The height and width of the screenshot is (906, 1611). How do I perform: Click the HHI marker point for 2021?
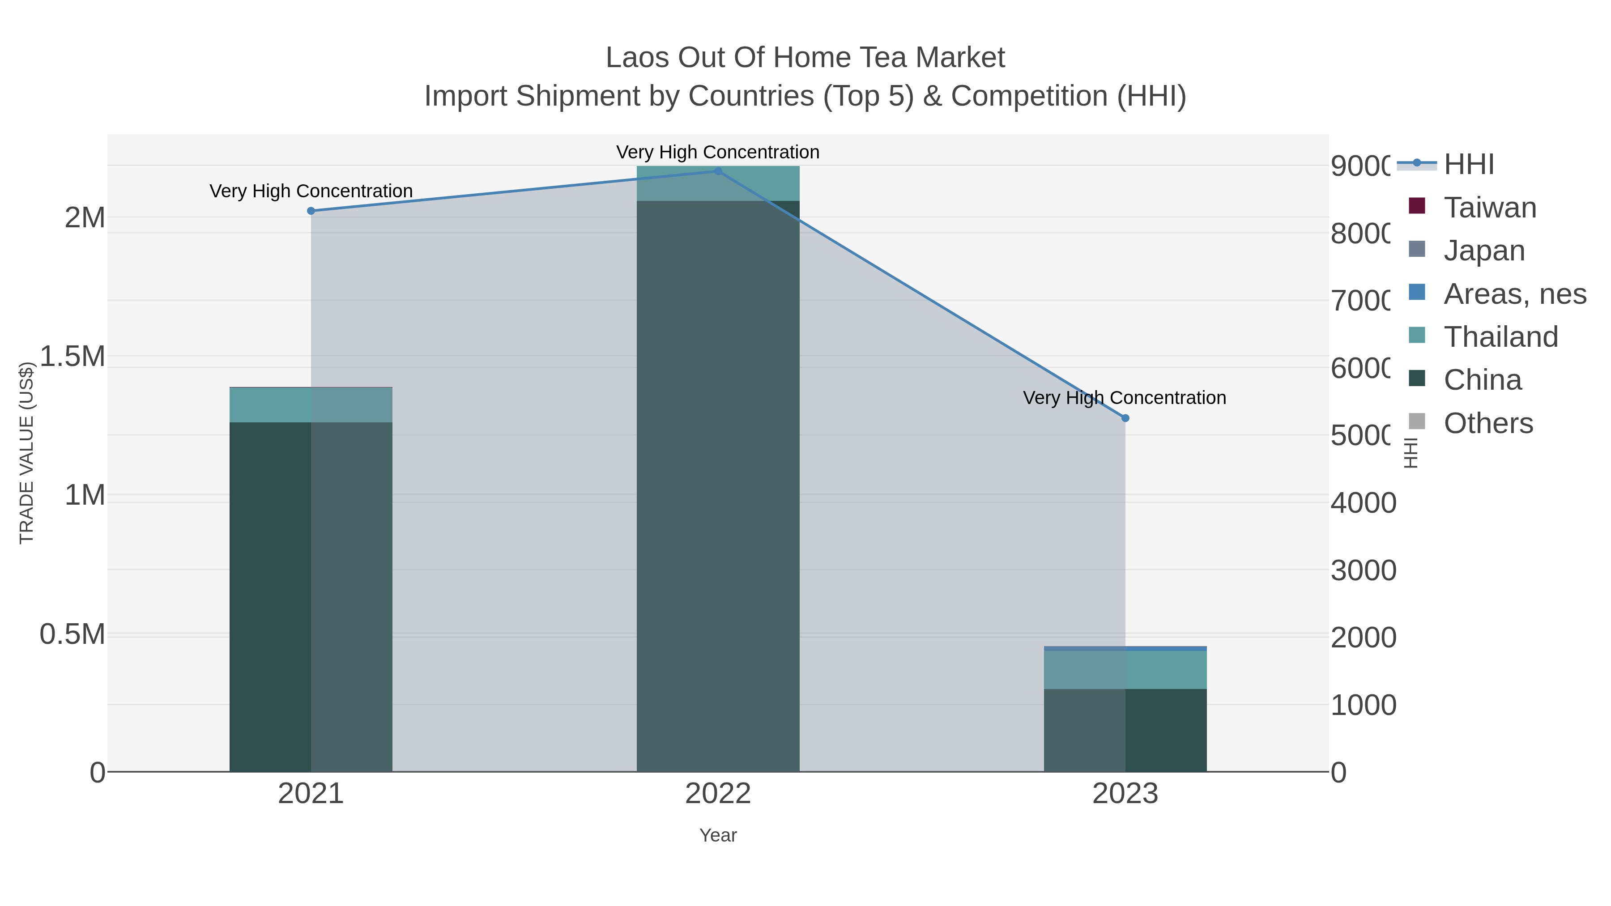click(x=311, y=211)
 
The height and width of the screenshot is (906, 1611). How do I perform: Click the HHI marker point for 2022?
click(x=718, y=171)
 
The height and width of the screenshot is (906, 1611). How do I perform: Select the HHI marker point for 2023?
click(x=1125, y=418)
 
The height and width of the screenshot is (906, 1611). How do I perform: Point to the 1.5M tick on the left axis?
click(x=72, y=357)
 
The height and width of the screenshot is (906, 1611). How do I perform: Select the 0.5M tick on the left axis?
click(x=72, y=634)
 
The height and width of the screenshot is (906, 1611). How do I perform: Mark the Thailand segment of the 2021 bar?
click(x=311, y=405)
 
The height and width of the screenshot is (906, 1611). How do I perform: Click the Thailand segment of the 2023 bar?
click(x=1125, y=670)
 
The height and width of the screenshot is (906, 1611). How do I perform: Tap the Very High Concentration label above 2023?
click(x=1125, y=398)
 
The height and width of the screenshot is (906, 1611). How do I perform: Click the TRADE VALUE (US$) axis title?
click(x=26, y=453)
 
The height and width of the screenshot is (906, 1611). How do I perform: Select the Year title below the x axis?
click(x=718, y=835)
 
